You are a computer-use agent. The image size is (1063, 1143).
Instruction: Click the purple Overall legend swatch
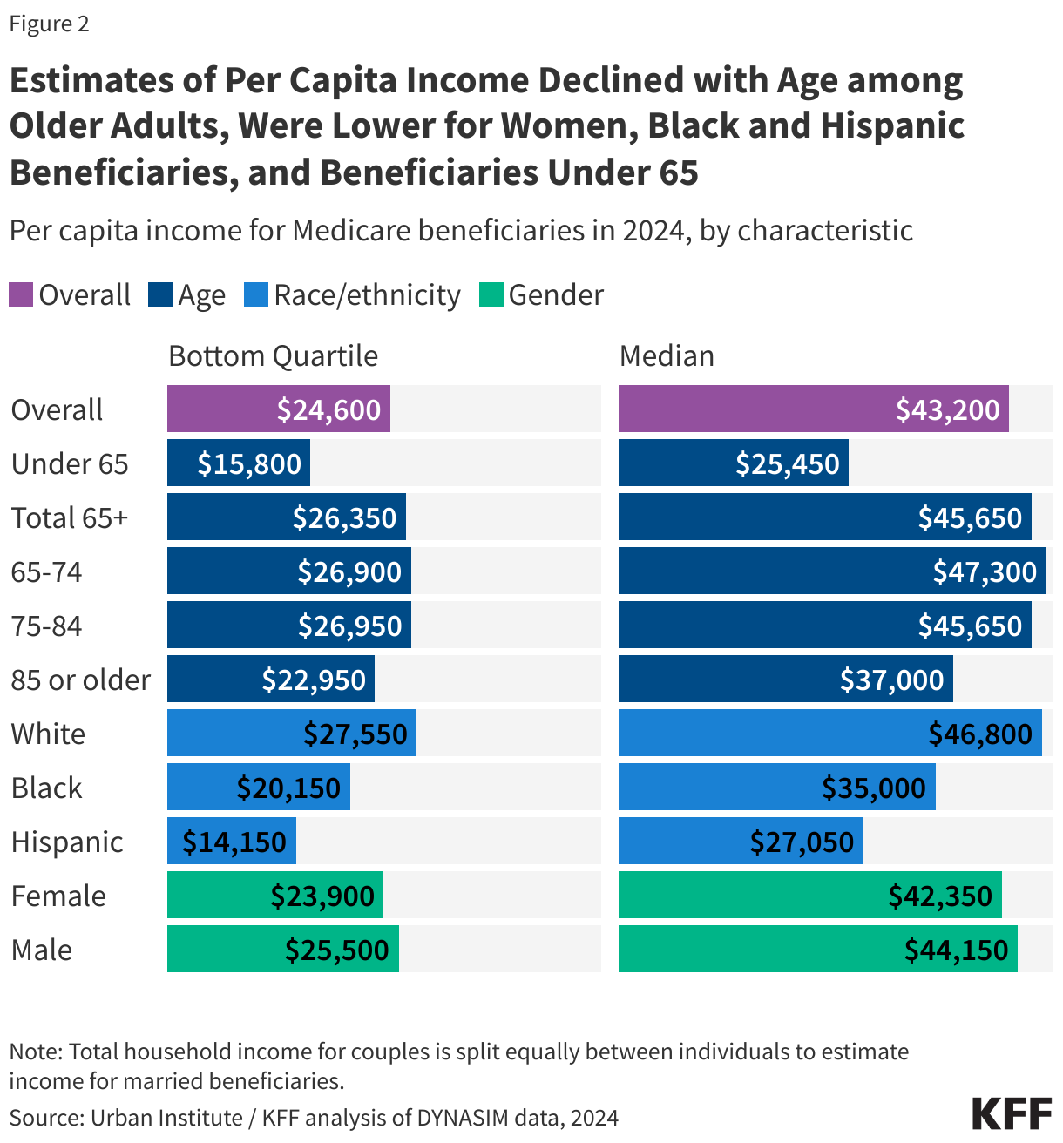coord(21,294)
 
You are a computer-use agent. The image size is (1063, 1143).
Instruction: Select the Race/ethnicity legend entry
coord(366,295)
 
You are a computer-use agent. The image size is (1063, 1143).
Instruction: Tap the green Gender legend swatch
coord(491,294)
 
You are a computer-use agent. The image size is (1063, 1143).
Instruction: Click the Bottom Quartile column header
coord(273,355)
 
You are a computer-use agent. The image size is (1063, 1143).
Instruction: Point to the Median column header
coord(667,355)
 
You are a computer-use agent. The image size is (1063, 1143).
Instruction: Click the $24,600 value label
coord(328,409)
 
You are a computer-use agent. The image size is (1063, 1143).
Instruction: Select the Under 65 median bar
coord(733,463)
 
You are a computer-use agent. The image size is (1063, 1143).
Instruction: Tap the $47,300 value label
coord(985,571)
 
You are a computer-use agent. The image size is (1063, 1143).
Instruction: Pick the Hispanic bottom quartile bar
coord(231,842)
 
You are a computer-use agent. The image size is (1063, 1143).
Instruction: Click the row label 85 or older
coord(81,680)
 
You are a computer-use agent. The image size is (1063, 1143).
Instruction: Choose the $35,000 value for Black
coord(874,788)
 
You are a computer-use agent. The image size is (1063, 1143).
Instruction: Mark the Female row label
coord(58,896)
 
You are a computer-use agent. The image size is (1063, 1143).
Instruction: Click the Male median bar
coord(817,950)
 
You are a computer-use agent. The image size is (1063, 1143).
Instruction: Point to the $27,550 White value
coord(355,734)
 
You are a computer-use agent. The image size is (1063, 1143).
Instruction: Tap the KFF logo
coord(1011,1113)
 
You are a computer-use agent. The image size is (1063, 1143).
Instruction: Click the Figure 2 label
coord(50,24)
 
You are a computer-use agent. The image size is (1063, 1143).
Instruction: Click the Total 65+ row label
coord(70,517)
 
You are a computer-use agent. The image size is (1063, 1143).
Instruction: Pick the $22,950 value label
coord(314,680)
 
